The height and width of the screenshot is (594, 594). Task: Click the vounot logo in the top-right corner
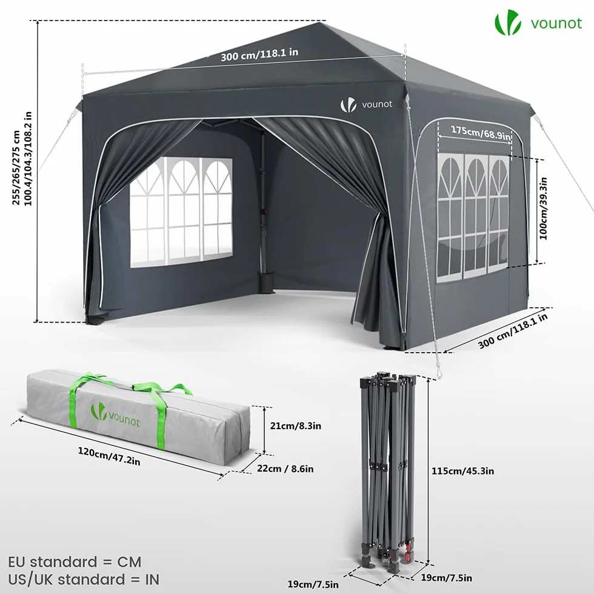[538, 23]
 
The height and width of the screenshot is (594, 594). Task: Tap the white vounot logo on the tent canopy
[366, 104]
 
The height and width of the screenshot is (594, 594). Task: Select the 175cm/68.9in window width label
[481, 132]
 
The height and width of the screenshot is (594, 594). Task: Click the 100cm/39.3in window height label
[543, 209]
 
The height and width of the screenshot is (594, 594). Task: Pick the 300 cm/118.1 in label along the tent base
[513, 331]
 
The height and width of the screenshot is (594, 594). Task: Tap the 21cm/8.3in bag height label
[296, 425]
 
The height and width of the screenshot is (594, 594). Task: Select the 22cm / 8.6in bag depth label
[285, 469]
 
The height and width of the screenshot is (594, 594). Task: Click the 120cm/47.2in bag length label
[109, 456]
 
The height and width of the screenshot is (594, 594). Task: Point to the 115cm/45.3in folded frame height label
[462, 471]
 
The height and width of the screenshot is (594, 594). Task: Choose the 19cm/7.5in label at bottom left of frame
[313, 584]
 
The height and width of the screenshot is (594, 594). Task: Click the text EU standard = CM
[75, 562]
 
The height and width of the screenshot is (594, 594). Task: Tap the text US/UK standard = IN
[84, 579]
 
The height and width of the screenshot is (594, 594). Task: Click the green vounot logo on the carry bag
[115, 415]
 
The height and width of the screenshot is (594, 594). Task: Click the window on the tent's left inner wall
[181, 212]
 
